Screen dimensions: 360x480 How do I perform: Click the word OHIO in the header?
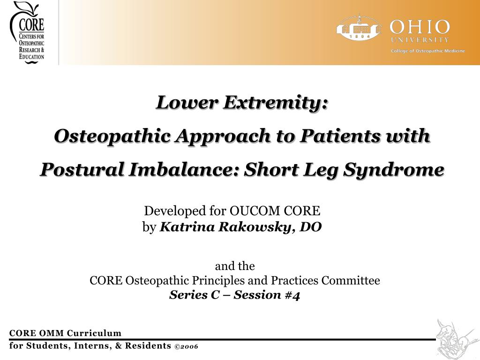[x=420, y=26]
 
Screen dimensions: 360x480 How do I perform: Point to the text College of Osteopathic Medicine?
[x=428, y=51]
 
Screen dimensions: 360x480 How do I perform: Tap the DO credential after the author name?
[x=311, y=227]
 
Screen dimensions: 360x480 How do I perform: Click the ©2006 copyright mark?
[x=186, y=346]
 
